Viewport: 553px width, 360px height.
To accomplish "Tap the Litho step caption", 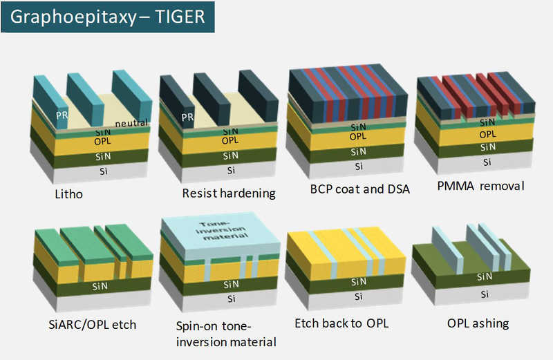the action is (x=68, y=194).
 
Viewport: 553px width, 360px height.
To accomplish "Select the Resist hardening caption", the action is (x=229, y=193).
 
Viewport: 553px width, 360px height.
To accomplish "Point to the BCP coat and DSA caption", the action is (x=359, y=189).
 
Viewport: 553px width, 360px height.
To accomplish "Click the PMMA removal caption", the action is (x=480, y=186).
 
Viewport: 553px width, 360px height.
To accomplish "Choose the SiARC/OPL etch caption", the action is (x=93, y=324).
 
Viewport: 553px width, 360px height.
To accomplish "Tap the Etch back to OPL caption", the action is (x=341, y=323).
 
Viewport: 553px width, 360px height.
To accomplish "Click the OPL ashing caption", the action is (x=478, y=323).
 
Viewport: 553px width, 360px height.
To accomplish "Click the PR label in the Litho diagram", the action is (x=62, y=115).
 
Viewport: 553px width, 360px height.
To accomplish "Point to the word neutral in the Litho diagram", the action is (x=131, y=123).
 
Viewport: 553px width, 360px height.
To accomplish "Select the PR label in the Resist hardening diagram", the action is (x=187, y=117).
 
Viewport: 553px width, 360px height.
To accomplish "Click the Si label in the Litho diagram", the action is (x=103, y=171).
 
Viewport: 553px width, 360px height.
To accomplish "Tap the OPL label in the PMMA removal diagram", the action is (x=488, y=134).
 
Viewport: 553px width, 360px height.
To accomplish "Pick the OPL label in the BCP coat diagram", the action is (x=358, y=136).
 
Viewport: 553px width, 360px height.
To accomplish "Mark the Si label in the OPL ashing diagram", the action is (x=485, y=294).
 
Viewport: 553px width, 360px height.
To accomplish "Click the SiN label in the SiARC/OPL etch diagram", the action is (x=100, y=286).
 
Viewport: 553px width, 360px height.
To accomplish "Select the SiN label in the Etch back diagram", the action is (x=359, y=282).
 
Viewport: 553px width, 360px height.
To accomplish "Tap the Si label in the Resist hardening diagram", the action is (x=231, y=170).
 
